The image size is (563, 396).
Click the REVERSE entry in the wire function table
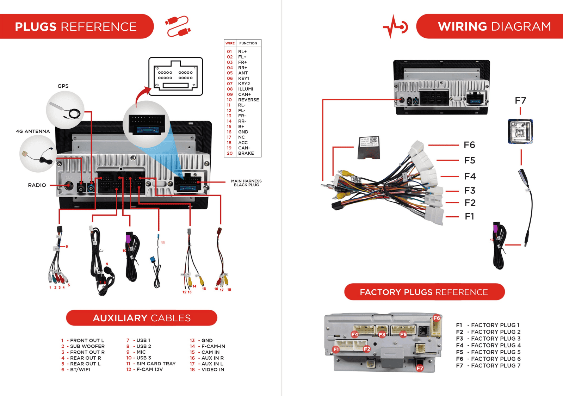[x=248, y=100]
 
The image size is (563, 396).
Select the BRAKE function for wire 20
[x=246, y=153]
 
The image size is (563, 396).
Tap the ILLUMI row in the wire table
[x=246, y=89]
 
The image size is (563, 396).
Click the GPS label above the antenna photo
[x=63, y=86]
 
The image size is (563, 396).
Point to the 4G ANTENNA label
[x=33, y=131]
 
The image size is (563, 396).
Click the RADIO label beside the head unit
[x=37, y=185]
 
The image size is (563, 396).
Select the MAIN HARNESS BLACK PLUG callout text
[x=246, y=183]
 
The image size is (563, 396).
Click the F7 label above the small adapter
[x=520, y=101]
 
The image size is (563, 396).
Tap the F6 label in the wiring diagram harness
[x=469, y=145]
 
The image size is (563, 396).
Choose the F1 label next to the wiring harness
[x=469, y=216]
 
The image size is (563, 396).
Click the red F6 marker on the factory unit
[x=437, y=318]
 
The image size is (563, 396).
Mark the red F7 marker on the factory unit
[x=420, y=368]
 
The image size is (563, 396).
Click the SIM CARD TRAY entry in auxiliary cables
[x=156, y=364]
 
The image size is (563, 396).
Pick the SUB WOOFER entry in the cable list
[x=87, y=346]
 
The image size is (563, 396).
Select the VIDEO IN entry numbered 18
[x=212, y=370]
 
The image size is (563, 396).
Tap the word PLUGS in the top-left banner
[x=36, y=27]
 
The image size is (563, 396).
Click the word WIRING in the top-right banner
[x=462, y=26]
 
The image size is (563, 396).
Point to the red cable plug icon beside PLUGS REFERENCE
[x=178, y=26]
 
